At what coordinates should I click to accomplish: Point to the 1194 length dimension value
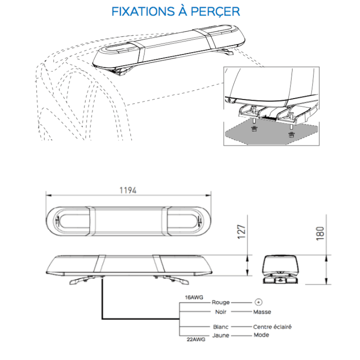point(128,190)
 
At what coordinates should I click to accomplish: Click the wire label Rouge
point(220,302)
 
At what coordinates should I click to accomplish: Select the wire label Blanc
point(220,326)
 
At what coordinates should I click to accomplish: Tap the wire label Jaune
point(220,335)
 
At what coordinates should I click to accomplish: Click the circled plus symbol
point(258,302)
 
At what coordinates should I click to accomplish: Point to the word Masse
point(262,312)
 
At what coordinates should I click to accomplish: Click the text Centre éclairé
point(272,326)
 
